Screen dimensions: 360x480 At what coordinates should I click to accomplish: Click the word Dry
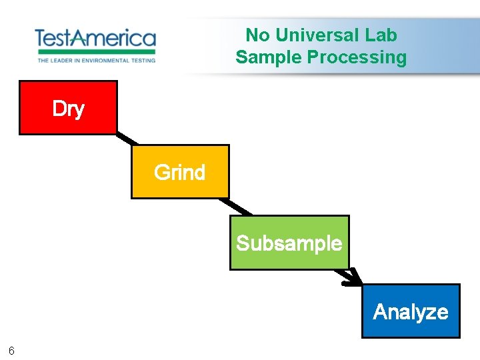[x=68, y=109]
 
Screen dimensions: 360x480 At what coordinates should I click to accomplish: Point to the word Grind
[x=179, y=173]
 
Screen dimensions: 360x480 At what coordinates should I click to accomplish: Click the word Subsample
[x=289, y=243]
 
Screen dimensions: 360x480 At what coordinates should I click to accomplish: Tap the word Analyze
[x=411, y=311]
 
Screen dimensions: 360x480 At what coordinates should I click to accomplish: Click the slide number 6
[x=12, y=351]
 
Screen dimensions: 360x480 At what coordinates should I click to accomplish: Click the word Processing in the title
[x=357, y=57]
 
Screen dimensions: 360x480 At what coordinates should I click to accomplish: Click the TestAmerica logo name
[x=95, y=38]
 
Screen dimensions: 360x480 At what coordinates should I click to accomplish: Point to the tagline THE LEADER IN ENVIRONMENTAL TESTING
[x=96, y=60]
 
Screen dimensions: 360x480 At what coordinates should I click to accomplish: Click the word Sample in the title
[x=269, y=57]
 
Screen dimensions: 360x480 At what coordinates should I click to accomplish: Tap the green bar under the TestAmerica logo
[x=96, y=51]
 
